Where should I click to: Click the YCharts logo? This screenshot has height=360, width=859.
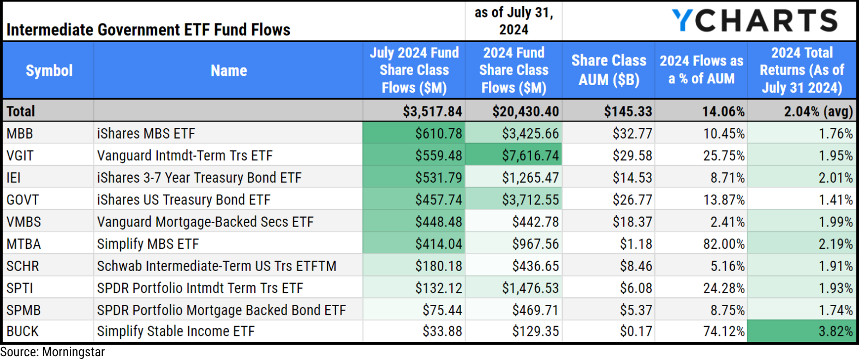[754, 21]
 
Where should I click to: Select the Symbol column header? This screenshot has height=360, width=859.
[49, 70]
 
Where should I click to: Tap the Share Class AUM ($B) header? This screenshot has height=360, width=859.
[609, 70]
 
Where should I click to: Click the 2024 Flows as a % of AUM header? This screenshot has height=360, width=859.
[701, 70]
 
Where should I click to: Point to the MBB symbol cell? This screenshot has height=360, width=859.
[20, 134]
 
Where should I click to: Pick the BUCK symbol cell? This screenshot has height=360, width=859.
[23, 332]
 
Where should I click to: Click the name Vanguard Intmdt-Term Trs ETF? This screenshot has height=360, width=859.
[184, 156]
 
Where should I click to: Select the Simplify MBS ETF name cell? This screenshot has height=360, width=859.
[148, 244]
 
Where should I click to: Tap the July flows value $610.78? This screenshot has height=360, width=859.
[438, 134]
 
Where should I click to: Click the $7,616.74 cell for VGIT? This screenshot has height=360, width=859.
[530, 156]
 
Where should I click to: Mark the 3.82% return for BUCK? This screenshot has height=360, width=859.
[835, 332]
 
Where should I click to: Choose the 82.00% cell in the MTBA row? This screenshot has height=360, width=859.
[724, 244]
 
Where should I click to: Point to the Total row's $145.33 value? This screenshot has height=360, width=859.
[628, 111]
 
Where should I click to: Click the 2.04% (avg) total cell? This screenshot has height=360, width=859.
[818, 111]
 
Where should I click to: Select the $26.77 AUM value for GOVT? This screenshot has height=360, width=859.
[632, 200]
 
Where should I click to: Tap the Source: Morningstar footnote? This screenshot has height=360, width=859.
[52, 352]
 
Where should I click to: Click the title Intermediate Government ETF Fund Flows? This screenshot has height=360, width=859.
[148, 29]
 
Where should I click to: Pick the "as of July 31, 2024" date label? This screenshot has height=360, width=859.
[514, 21]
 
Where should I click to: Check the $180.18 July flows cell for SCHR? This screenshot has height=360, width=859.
[438, 266]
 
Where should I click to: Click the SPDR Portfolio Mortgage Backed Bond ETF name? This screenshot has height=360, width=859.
[221, 310]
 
